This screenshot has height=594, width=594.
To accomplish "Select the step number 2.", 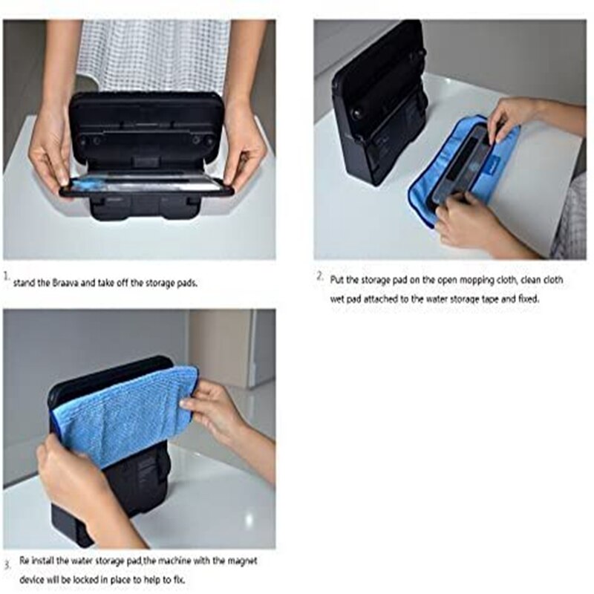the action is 321,275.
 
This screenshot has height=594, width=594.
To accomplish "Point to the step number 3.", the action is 7,566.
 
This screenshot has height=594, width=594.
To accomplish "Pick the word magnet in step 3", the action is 243,561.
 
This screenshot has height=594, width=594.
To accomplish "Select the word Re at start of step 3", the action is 25,561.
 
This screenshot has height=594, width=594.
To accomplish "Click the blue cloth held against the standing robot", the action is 125,416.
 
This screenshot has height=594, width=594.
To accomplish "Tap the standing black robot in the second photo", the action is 380,102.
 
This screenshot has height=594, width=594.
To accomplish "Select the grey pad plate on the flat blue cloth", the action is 460,166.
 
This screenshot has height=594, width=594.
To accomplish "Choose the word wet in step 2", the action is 337,299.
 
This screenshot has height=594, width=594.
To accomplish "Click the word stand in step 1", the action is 25,283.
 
